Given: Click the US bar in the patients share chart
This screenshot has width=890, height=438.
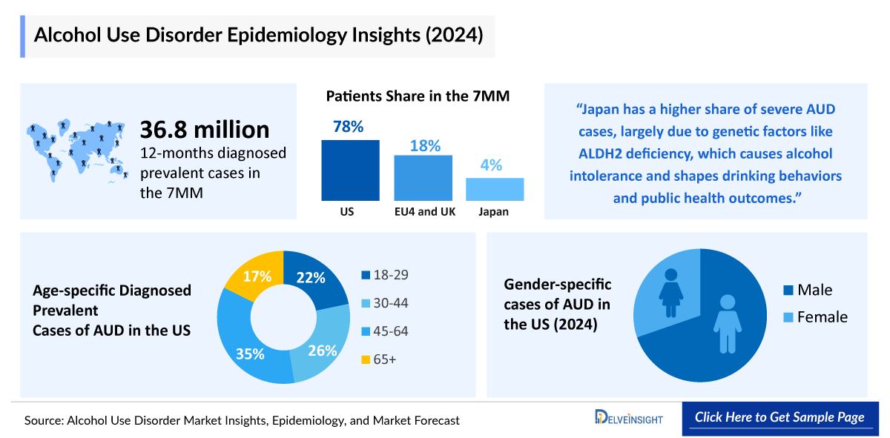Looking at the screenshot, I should (x=350, y=170).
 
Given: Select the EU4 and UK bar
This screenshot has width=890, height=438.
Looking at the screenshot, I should (x=423, y=178).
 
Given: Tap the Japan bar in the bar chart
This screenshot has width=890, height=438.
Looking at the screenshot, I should (x=495, y=189).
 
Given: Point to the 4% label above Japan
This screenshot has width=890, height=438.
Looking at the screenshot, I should (x=490, y=165).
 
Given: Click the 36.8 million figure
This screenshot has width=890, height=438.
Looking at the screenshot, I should (x=205, y=130).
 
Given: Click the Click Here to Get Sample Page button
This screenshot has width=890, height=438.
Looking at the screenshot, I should (x=779, y=417).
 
